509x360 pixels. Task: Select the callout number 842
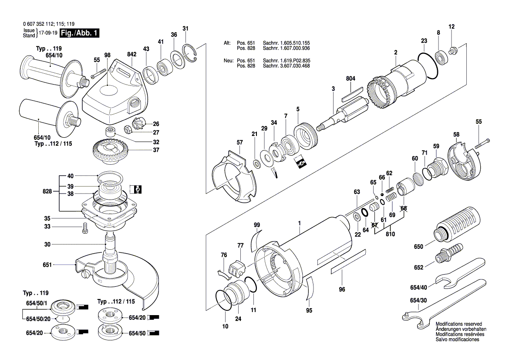(131, 54)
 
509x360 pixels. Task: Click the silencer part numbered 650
(457, 223)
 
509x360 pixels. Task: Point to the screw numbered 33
(85, 228)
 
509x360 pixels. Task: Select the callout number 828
(47, 191)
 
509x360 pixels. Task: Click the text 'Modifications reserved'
(458, 324)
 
